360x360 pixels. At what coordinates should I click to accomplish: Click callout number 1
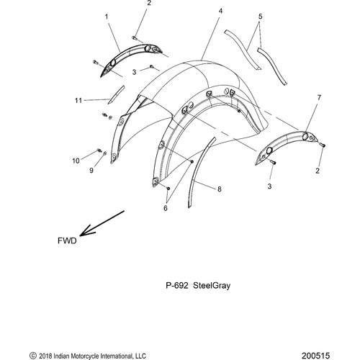click(x=107, y=17)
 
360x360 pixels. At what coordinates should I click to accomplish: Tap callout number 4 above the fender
click(x=220, y=11)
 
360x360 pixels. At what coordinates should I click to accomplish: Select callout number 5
click(x=260, y=17)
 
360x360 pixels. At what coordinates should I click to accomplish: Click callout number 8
click(x=220, y=189)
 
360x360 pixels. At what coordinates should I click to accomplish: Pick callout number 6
click(x=166, y=208)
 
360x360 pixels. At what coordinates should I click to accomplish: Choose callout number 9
click(x=91, y=171)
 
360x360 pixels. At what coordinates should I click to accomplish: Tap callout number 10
click(x=76, y=161)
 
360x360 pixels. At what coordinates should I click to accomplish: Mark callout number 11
click(x=78, y=100)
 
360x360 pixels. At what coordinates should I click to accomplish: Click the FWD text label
click(x=67, y=240)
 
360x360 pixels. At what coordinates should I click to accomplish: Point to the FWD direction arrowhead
click(x=83, y=233)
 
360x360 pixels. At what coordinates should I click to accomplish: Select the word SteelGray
click(x=212, y=286)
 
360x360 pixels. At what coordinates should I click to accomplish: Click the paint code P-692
click(x=177, y=286)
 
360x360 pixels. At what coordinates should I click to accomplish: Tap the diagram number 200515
click(x=316, y=356)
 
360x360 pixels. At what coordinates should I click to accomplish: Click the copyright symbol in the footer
click(x=33, y=356)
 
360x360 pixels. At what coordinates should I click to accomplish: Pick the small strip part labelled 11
click(x=116, y=94)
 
